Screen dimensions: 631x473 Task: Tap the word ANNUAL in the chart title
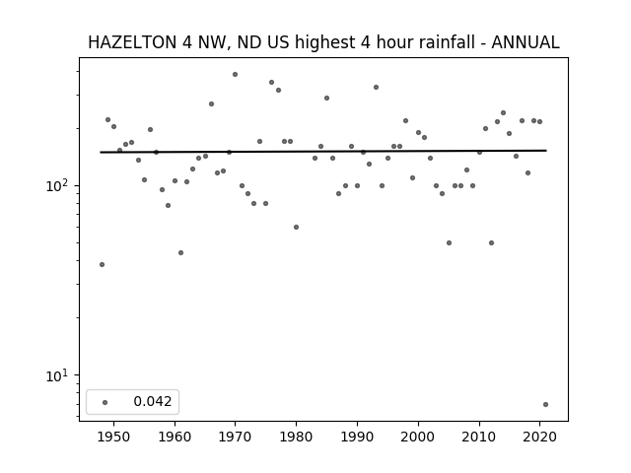pyautogui.click(x=526, y=42)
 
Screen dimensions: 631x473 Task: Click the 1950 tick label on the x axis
pyautogui.click(x=114, y=437)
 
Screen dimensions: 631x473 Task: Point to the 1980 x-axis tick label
pyautogui.click(x=296, y=437)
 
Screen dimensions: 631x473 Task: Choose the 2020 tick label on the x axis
pyautogui.click(x=539, y=437)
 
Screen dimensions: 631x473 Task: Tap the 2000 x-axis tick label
pyautogui.click(x=418, y=437)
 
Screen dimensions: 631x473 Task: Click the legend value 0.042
pyautogui.click(x=153, y=401)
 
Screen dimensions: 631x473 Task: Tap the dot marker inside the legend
pyautogui.click(x=105, y=402)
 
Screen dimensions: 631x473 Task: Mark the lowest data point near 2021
pyautogui.click(x=545, y=405)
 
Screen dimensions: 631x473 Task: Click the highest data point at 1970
pyautogui.click(x=235, y=75)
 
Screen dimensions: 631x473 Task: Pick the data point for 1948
pyautogui.click(x=102, y=265)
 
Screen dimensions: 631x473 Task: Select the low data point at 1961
pyautogui.click(x=180, y=253)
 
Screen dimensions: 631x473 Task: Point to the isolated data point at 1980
pyautogui.click(x=296, y=228)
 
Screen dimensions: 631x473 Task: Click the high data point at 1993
pyautogui.click(x=376, y=88)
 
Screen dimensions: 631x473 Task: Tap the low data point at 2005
pyautogui.click(x=450, y=243)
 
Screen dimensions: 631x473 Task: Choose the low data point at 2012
pyautogui.click(x=491, y=243)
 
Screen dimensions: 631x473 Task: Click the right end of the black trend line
pyautogui.click(x=546, y=151)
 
